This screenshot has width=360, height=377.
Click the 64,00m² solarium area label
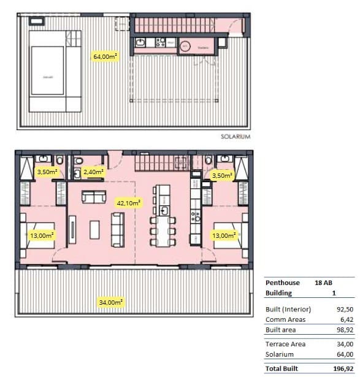(x=105, y=56)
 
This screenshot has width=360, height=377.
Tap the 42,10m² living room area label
(x=129, y=202)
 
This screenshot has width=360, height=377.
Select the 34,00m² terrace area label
(x=110, y=302)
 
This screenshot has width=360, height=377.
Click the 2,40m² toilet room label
(x=93, y=172)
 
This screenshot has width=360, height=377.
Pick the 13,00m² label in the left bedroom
(x=42, y=235)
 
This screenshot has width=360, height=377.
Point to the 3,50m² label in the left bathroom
(x=47, y=172)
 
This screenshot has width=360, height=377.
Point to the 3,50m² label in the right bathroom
(x=222, y=176)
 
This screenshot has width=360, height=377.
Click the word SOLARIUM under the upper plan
(x=236, y=137)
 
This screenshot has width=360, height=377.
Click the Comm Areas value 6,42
(x=346, y=319)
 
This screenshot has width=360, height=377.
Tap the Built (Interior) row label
(x=288, y=309)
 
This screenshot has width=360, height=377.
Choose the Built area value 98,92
(x=344, y=330)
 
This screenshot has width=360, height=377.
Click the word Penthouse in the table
(x=283, y=283)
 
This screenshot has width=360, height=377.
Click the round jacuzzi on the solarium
(x=186, y=45)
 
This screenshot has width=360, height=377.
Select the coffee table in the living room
(x=94, y=229)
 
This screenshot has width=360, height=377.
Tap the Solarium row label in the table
(x=279, y=354)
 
